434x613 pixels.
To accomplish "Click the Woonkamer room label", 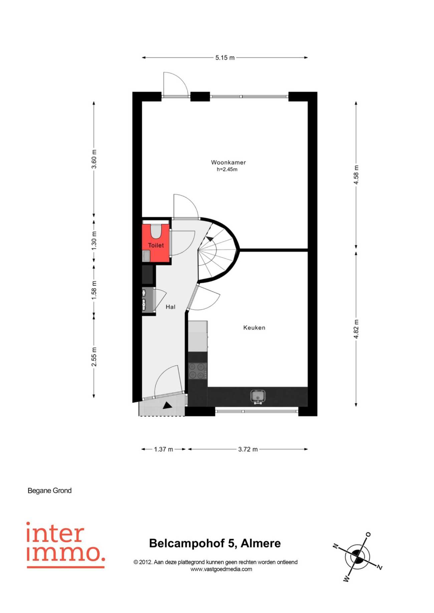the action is [x=228, y=162].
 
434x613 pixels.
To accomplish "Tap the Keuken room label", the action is [x=254, y=328].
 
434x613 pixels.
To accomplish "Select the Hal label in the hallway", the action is [x=171, y=307].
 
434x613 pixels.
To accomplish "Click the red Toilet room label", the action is [x=156, y=245].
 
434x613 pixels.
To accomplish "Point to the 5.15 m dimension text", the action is [x=225, y=58].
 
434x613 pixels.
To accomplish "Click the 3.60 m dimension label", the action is [x=94, y=159].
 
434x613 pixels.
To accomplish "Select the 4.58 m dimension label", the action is [x=356, y=175].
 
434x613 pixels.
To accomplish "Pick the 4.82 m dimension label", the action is [x=356, y=329].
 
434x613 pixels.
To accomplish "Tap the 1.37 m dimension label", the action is [x=164, y=449].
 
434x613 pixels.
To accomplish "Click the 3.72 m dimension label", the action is [x=248, y=449].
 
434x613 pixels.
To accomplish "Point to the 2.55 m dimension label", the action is [x=94, y=357].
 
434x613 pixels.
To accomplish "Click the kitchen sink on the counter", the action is [x=258, y=397].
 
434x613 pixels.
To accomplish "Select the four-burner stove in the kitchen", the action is [x=198, y=371].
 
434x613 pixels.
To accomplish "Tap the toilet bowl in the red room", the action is [x=156, y=231].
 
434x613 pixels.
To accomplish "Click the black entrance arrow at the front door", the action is [x=167, y=405].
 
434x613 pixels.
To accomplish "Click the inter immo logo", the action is [x=65, y=545].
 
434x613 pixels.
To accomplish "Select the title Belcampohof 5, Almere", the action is [x=215, y=543].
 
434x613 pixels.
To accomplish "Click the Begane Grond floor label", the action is [x=50, y=491].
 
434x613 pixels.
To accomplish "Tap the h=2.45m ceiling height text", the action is [x=227, y=169].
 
